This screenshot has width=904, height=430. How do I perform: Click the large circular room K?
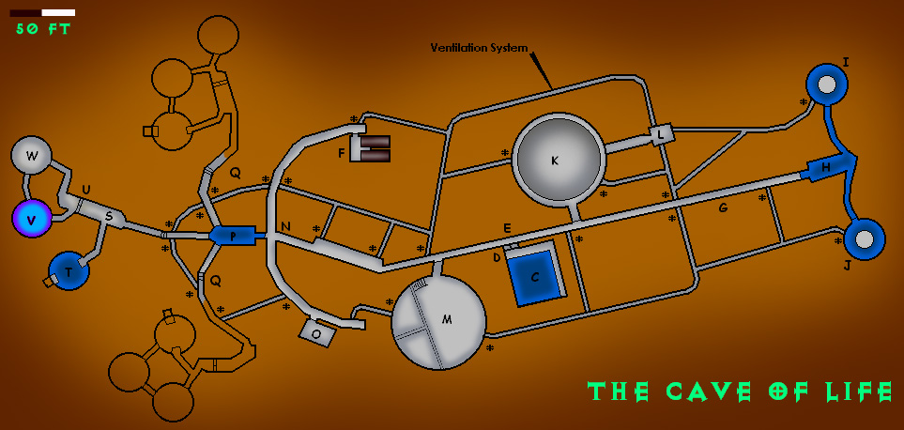pyautogui.click(x=557, y=160)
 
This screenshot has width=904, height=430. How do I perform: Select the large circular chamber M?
pyautogui.click(x=439, y=321)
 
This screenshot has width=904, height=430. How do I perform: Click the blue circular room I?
pyautogui.click(x=827, y=85)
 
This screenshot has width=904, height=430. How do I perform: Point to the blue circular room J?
pyautogui.click(x=864, y=239)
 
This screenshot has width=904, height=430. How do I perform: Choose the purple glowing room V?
pyautogui.click(x=33, y=218)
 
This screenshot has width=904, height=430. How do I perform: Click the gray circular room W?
pyautogui.click(x=32, y=156)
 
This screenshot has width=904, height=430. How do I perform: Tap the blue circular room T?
pyautogui.click(x=69, y=270)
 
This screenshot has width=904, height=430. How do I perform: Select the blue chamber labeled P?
pyautogui.click(x=233, y=235)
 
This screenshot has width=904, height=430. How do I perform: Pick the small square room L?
pyautogui.click(x=662, y=135)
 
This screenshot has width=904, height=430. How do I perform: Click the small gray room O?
pyautogui.click(x=316, y=332)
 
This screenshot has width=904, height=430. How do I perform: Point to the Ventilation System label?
pyautogui.click(x=479, y=48)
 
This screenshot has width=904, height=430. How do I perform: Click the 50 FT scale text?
pyautogui.click(x=43, y=29)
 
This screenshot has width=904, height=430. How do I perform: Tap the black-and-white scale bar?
pyautogui.click(x=42, y=13)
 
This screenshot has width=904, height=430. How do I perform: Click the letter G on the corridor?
pyautogui.click(x=723, y=207)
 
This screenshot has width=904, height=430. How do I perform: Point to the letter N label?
pyautogui.click(x=285, y=226)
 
